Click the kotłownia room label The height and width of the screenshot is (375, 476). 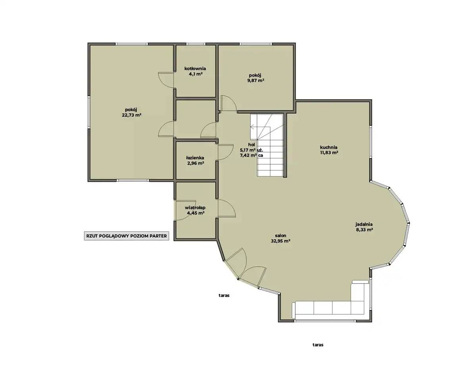click(x=195, y=69)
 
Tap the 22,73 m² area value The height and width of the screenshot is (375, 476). click(x=132, y=115)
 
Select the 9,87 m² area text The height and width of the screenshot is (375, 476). click(x=256, y=81)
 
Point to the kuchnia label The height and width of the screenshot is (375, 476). click(x=329, y=147)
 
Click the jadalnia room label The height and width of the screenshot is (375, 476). click(x=364, y=224)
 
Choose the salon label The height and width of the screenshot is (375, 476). click(x=281, y=236)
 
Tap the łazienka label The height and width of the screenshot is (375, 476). click(x=195, y=158)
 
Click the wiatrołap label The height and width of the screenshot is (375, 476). click(x=195, y=208)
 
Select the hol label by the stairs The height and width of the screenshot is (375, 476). click(x=251, y=145)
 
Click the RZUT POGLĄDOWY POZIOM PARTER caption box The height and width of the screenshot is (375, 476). click(x=127, y=236)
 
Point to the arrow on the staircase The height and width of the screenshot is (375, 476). click(x=260, y=127)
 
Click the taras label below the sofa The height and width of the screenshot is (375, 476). click(x=318, y=345)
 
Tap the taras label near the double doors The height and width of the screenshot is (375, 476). click(x=224, y=295)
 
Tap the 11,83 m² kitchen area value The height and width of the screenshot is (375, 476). click(x=329, y=152)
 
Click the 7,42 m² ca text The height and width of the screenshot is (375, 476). click(x=251, y=155)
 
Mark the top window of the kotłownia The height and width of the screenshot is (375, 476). click(x=196, y=44)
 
